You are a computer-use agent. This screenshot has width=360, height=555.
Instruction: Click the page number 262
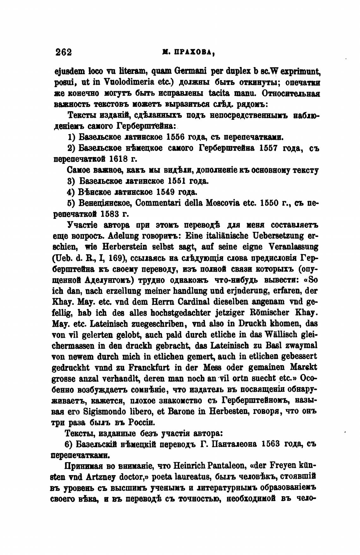point(63,52)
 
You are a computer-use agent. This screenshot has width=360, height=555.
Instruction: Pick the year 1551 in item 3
point(177,181)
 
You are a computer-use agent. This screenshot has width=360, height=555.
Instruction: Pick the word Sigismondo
point(101,412)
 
